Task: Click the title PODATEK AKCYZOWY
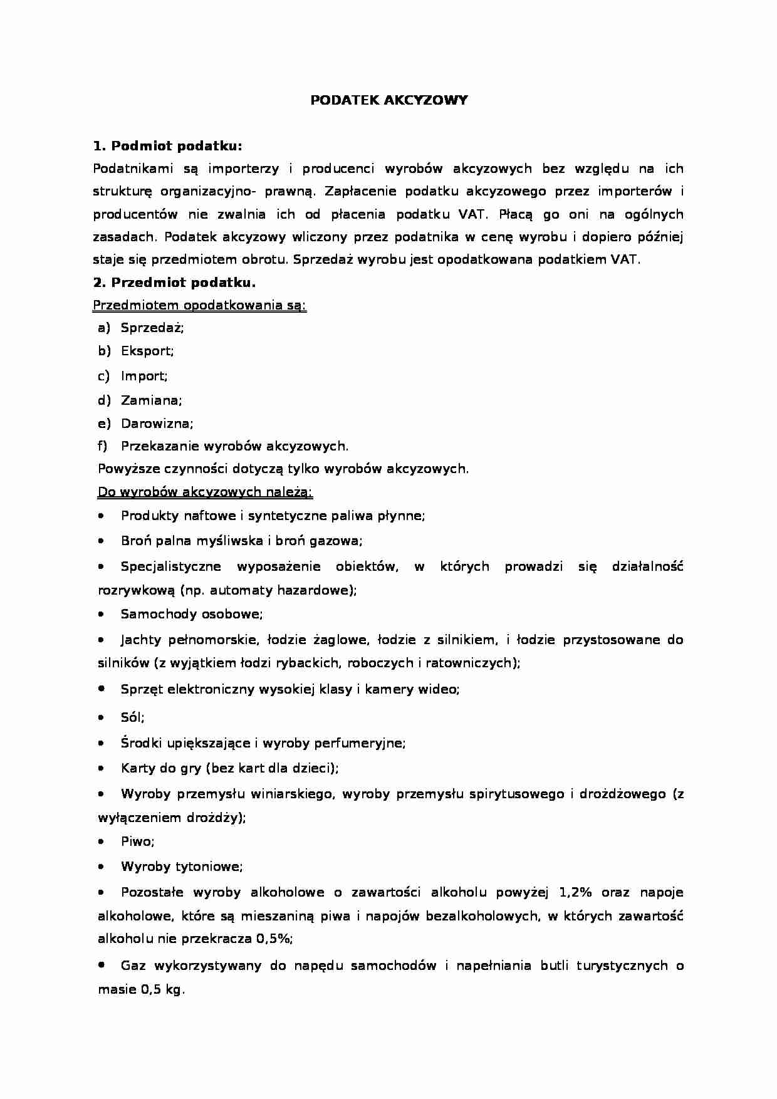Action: point(388,100)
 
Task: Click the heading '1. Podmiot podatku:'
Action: point(167,146)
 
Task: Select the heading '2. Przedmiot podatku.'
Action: point(175,283)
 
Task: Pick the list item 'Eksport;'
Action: point(147,351)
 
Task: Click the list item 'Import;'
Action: point(144,376)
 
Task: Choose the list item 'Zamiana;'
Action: point(151,400)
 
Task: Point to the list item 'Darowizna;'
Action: point(157,423)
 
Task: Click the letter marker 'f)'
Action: point(103,446)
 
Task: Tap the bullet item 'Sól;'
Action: point(132,717)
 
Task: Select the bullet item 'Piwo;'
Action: point(137,841)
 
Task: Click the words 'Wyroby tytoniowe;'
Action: point(182,867)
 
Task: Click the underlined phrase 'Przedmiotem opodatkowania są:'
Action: point(199,306)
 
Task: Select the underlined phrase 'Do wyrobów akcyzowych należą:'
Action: point(205,492)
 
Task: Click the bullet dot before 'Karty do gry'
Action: point(102,768)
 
